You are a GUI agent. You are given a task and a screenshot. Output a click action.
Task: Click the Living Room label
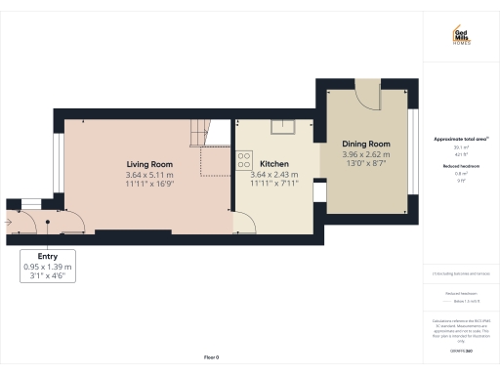pyautogui.click(x=149, y=164)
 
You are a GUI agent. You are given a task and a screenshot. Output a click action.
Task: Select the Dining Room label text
pyautogui.click(x=366, y=145)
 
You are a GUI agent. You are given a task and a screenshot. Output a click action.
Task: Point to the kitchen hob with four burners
pyautogui.click(x=244, y=160)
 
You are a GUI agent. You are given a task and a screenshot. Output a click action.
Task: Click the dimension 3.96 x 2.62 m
pyautogui.click(x=366, y=154)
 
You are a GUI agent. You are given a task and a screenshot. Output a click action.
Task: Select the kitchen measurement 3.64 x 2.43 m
pyautogui.click(x=274, y=174)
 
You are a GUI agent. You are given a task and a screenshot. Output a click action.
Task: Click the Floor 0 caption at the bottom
pyautogui.click(x=211, y=358)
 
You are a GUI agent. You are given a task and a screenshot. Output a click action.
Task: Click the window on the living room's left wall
pyautogui.click(x=61, y=161)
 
